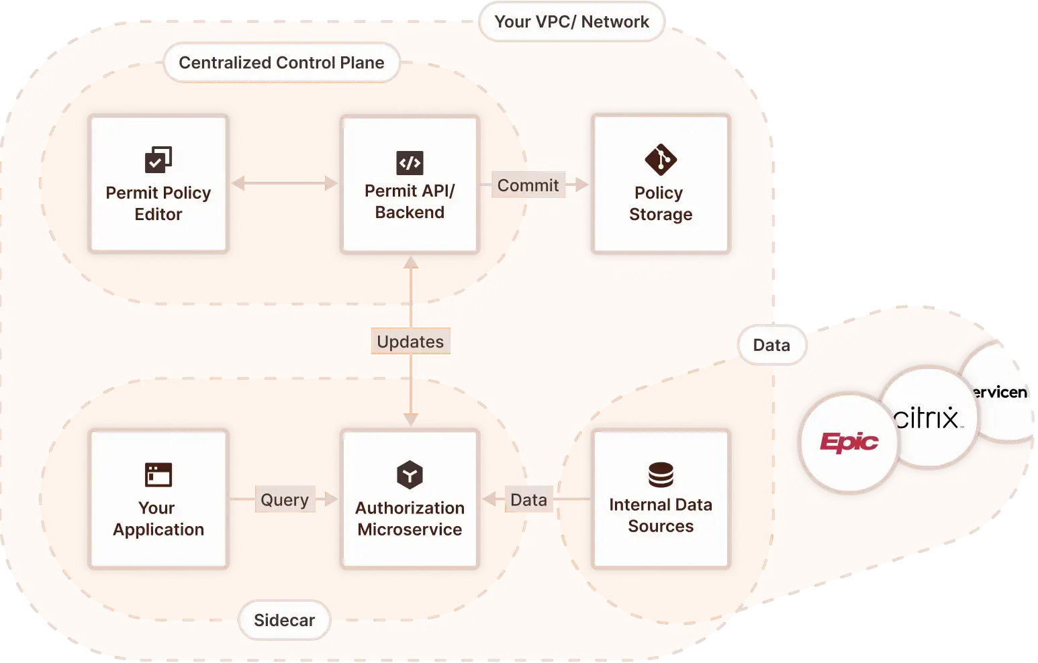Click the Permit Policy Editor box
[158, 185]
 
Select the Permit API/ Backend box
[410, 185]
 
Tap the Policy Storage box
[661, 185]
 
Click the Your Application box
[158, 499]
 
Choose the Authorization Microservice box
[410, 499]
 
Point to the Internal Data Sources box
[661, 499]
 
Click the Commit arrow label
[528, 185]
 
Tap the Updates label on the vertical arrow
[410, 342]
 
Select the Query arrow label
[285, 500]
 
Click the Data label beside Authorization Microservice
[528, 500]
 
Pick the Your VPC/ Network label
[571, 22]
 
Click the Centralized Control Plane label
[281, 62]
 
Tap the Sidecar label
[284, 620]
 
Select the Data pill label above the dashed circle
[771, 345]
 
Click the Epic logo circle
[849, 442]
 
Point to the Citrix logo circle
[929, 417]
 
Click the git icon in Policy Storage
[661, 160]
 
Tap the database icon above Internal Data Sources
[661, 475]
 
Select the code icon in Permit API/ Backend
[410, 162]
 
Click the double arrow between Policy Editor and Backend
[285, 183]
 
